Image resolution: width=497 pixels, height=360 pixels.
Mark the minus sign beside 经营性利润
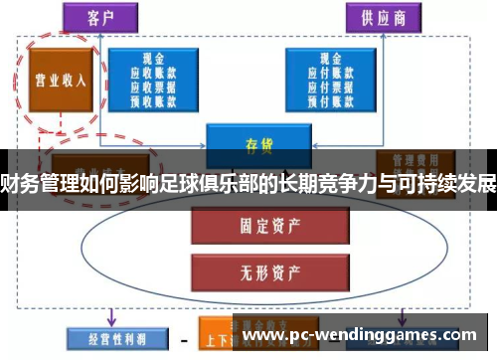click(184, 338)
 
